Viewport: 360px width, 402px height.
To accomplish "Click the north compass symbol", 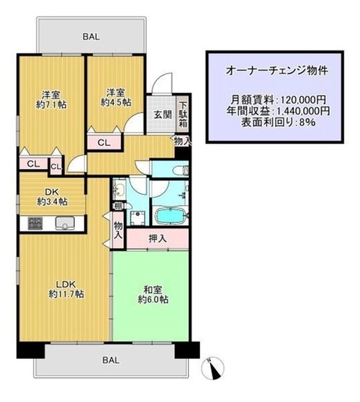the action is tap(213, 368).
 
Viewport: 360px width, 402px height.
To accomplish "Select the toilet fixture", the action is tap(181, 170).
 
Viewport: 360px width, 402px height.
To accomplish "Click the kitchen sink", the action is tap(66, 223).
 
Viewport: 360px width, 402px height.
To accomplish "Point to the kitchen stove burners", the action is tap(35, 224).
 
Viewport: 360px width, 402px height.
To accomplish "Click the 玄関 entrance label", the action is tap(163, 114).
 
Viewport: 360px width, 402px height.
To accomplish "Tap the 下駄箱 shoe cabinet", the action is tap(183, 114).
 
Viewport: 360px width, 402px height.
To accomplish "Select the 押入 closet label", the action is tap(158, 239).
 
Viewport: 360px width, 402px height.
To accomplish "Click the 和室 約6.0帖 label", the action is tap(153, 295).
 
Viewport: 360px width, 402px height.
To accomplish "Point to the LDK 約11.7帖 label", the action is tap(66, 289).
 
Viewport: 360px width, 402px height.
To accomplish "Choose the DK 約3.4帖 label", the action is tap(53, 197).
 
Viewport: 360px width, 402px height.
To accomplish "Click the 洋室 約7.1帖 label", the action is tap(51, 100).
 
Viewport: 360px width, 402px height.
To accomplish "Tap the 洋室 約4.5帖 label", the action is tap(116, 97).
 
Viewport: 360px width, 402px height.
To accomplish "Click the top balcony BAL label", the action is tap(91, 37).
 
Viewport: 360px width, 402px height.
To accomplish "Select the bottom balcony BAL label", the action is tap(111, 360).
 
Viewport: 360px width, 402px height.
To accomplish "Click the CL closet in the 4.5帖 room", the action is tap(104, 142).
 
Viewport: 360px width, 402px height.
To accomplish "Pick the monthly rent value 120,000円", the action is tap(304, 99).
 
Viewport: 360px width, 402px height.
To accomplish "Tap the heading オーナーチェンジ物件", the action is tap(277, 70).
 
